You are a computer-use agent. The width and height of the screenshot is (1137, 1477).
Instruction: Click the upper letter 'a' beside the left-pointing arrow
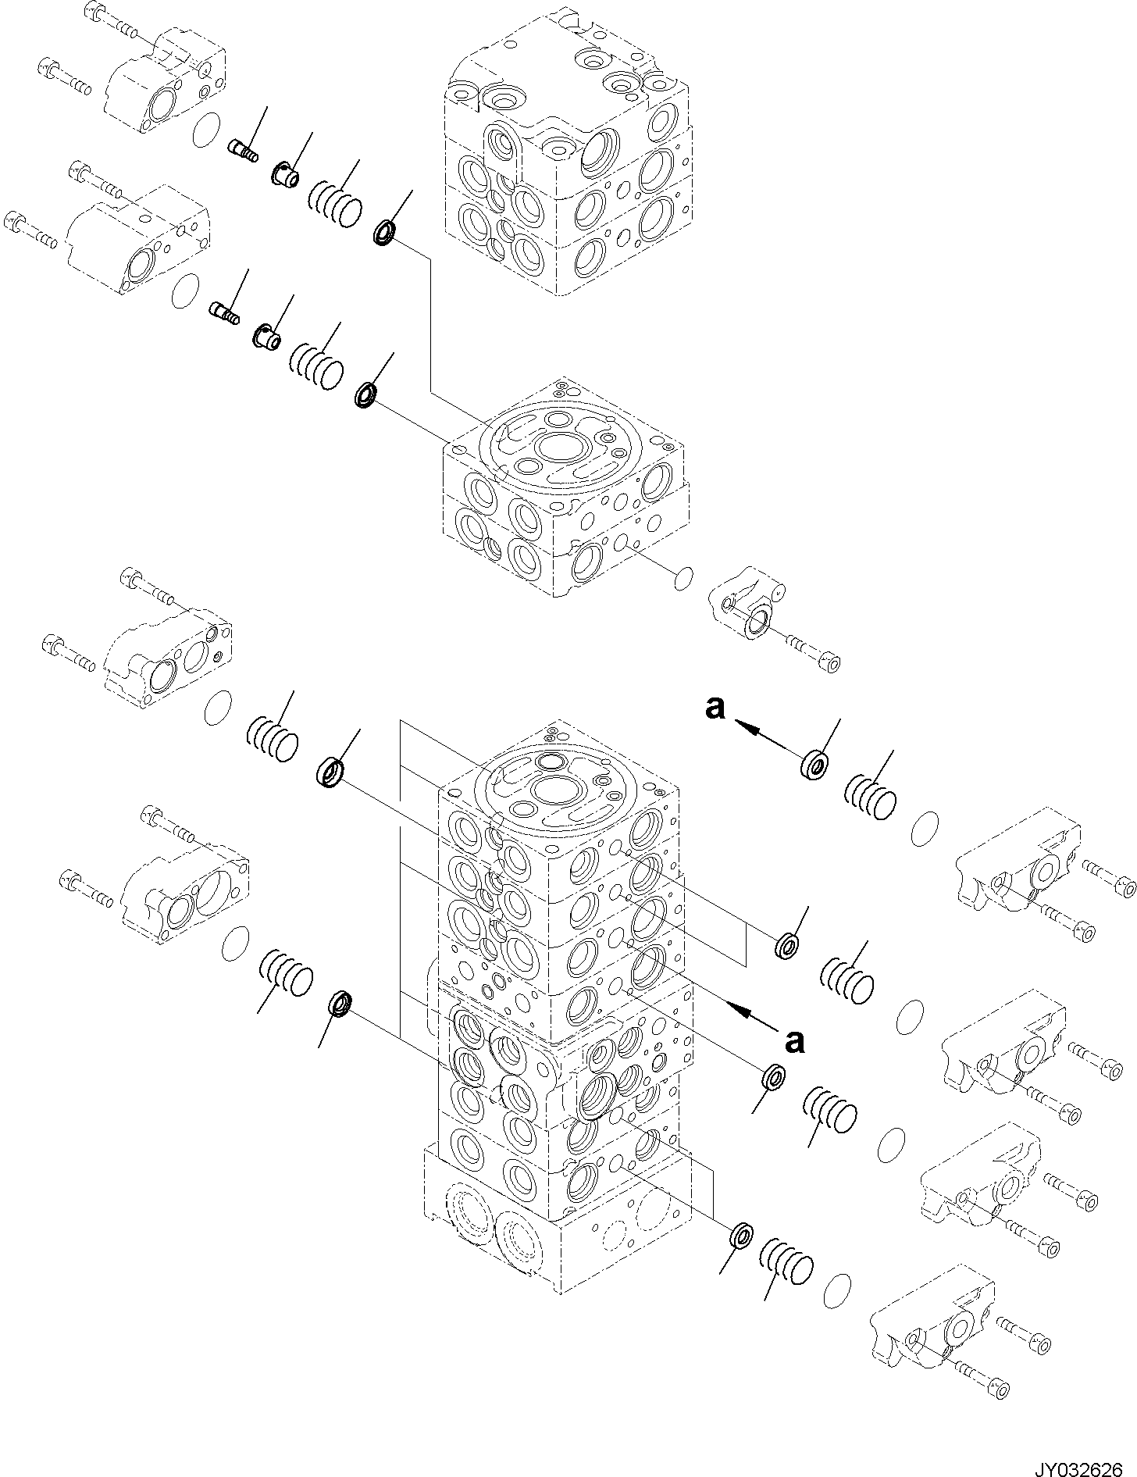pos(715,708)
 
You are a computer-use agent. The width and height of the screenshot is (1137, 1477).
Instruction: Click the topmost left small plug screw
pos(243,148)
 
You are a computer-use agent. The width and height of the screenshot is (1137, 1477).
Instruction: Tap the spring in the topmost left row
pos(337,204)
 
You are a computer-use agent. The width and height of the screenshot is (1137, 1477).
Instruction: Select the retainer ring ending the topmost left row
pos(386,233)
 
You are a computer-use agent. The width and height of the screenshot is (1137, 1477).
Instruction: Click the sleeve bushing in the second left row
pos(267,336)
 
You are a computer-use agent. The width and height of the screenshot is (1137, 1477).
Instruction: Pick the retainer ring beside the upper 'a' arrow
pos(814,763)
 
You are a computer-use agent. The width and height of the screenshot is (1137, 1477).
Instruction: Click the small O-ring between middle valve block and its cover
pos(683,579)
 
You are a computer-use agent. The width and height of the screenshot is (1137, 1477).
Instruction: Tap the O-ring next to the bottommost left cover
pos(235,946)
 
